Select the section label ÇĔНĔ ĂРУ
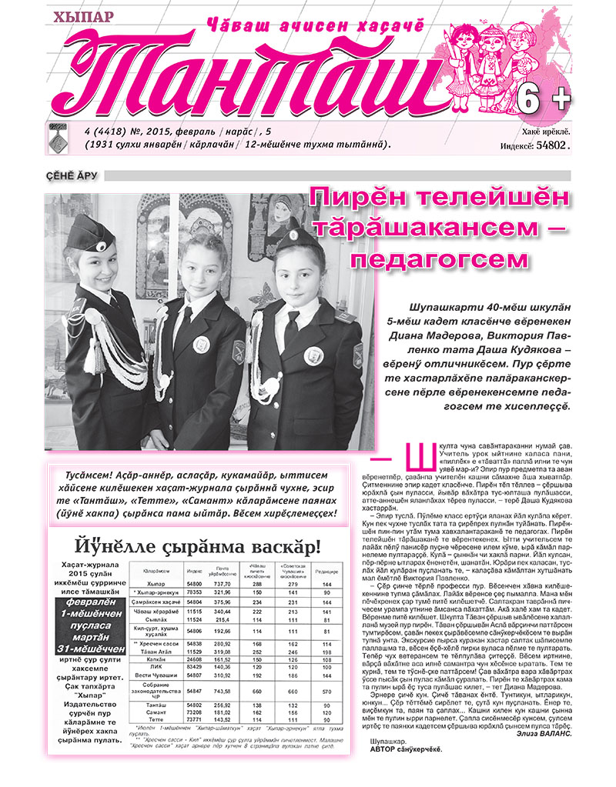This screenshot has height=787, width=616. (72, 176)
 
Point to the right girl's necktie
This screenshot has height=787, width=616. (292, 327)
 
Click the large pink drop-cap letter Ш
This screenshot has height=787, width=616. (410, 460)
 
